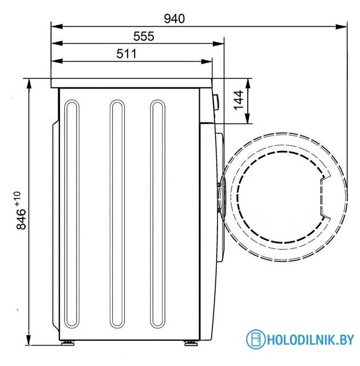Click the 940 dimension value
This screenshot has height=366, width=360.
[174, 19]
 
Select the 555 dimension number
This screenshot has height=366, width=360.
[144, 37]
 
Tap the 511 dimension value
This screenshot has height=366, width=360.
[126, 54]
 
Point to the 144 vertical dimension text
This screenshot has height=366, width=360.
[239, 101]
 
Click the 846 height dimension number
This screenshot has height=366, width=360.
[21, 219]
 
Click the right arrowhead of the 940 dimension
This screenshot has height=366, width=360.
[341, 26]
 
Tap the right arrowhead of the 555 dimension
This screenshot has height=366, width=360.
[218, 43]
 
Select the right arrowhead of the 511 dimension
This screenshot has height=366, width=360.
[207, 62]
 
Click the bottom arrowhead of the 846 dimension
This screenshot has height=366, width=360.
[29, 339]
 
